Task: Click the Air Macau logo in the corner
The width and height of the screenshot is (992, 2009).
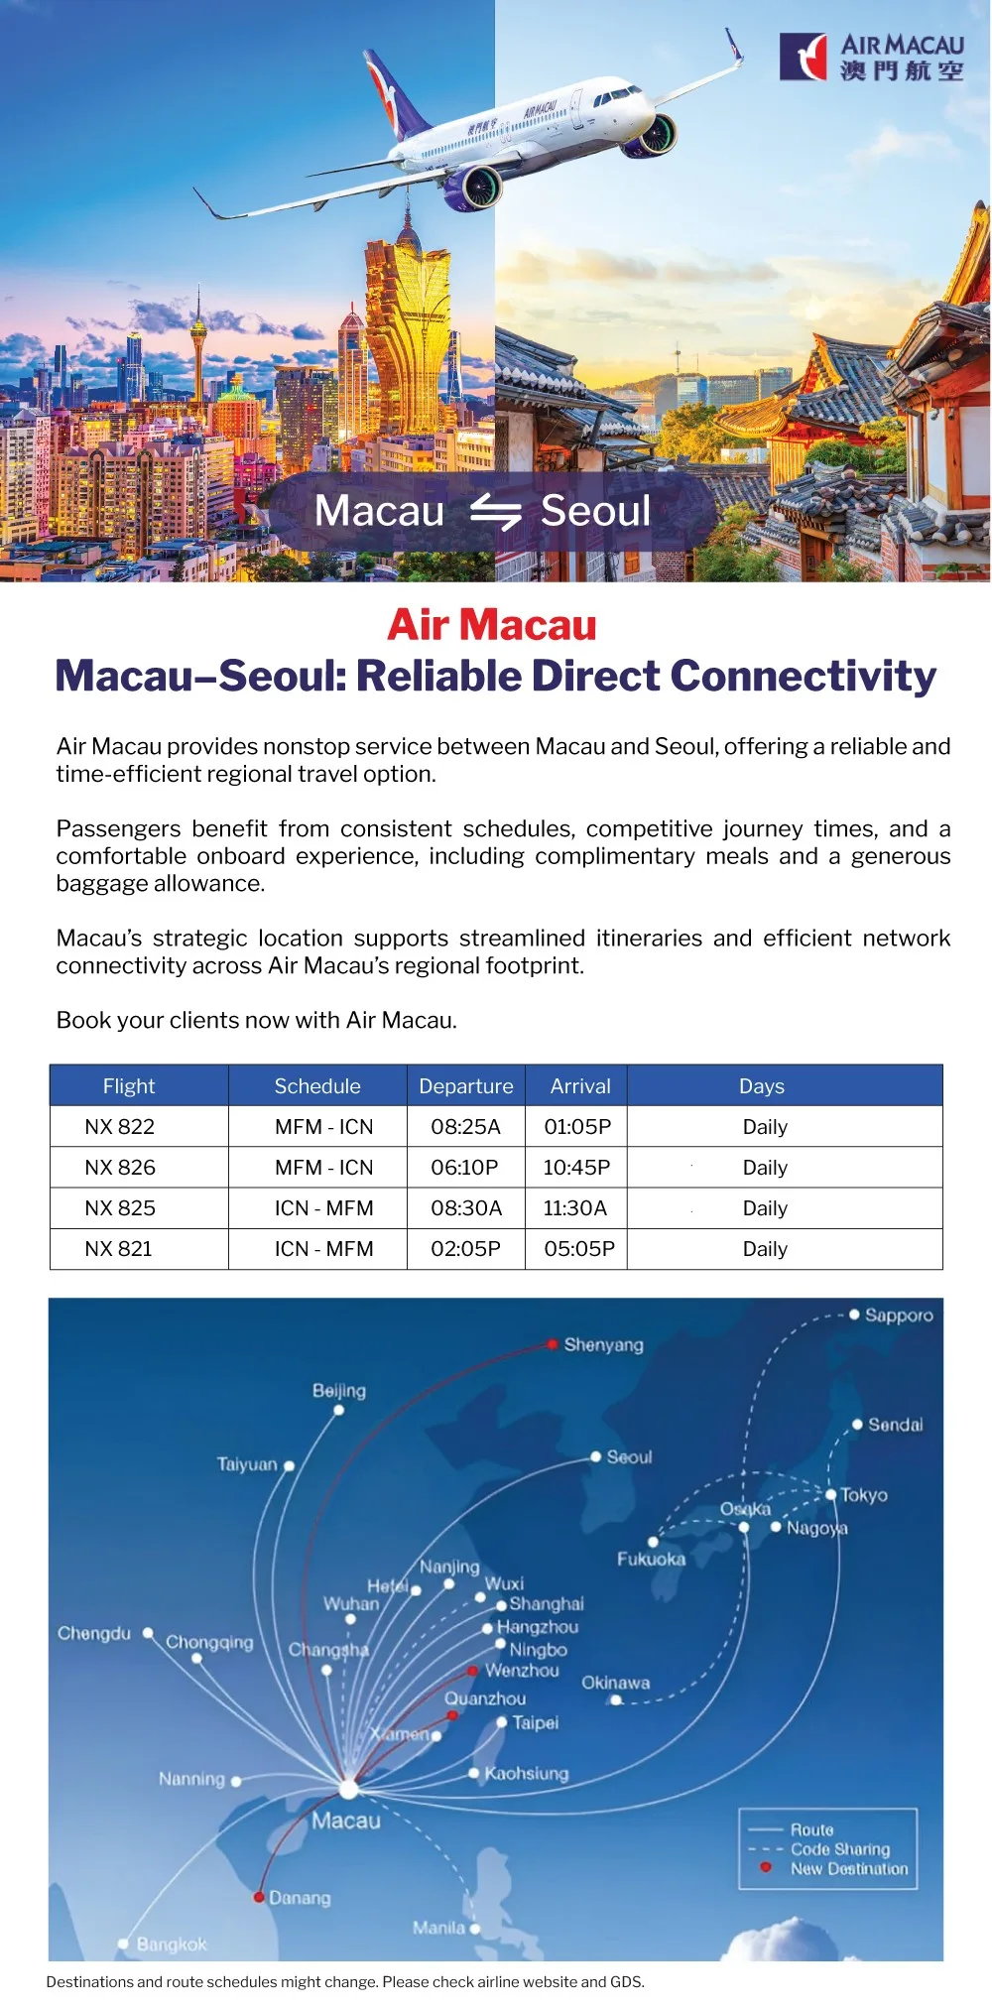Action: tap(872, 57)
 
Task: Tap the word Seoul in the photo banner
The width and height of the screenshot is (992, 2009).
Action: tap(595, 511)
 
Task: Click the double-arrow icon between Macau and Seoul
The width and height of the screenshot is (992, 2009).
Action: tap(495, 512)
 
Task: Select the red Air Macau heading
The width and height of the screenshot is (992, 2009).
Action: tap(492, 625)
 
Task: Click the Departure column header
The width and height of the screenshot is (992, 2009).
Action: tap(466, 1086)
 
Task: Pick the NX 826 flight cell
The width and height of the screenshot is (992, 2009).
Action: tap(120, 1168)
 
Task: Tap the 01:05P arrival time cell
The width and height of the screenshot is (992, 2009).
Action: tap(577, 1127)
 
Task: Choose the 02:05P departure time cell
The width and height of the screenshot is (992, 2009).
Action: tap(465, 1249)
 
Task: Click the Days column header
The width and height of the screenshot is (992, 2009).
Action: tap(762, 1086)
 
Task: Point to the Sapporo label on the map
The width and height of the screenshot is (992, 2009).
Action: tap(899, 1316)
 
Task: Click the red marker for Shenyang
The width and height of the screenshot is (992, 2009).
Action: tap(552, 1345)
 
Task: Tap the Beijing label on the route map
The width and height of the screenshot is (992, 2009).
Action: tap(339, 1391)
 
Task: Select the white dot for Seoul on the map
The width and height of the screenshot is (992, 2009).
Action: tap(596, 1456)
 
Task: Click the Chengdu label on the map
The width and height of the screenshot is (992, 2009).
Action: tap(94, 1633)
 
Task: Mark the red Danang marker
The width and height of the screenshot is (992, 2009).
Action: tap(259, 1897)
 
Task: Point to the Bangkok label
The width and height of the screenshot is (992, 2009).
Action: tap(172, 1945)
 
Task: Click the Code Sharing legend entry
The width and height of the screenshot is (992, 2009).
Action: tap(840, 1849)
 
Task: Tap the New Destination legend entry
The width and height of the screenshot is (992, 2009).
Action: tap(849, 1869)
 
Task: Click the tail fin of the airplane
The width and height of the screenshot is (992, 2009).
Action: tap(392, 94)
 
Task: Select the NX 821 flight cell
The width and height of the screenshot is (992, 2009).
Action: tap(119, 1249)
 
